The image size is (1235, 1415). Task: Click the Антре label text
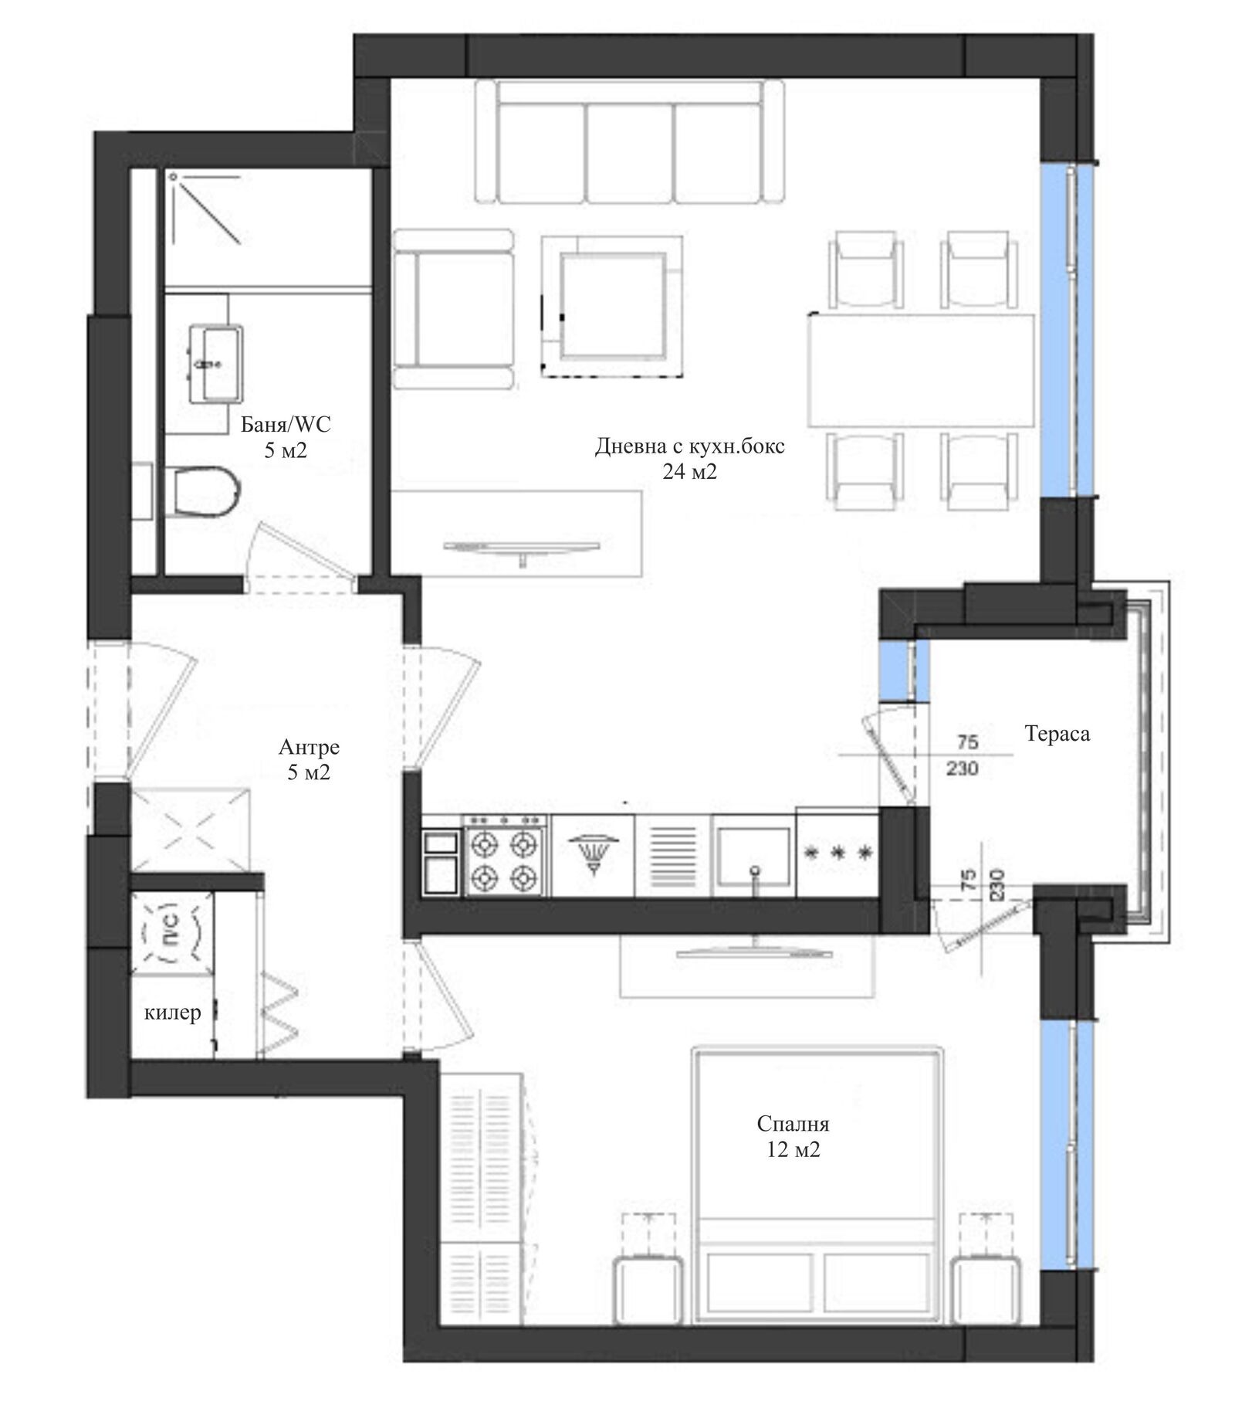pos(309,747)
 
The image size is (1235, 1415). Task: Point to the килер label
pos(173,1013)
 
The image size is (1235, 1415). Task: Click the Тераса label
pos(1057,733)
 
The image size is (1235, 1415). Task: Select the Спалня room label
pos(793,1123)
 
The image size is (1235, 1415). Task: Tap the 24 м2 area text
pos(689,471)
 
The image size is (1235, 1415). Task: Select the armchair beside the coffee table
pos(453,308)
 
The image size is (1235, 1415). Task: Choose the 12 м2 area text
pos(793,1150)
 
